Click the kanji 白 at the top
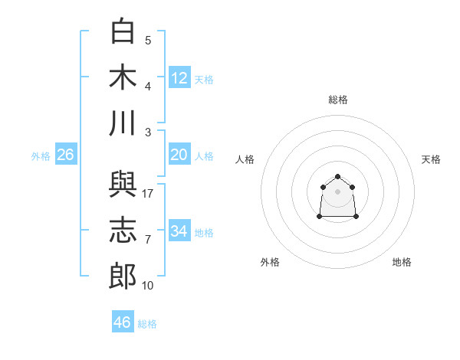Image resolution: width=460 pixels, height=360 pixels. [x=123, y=31]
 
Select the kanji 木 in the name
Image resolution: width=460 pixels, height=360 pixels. [x=123, y=77]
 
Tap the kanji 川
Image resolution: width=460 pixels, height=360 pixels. [x=123, y=123]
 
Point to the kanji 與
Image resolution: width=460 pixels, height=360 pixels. [x=123, y=184]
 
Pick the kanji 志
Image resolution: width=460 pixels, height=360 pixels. [x=123, y=230]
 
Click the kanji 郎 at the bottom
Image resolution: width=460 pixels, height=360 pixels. [x=123, y=276]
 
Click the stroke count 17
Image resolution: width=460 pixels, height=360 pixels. [x=147, y=194]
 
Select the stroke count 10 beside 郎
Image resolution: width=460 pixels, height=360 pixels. [x=147, y=286]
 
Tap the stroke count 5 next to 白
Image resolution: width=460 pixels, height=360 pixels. [x=148, y=41]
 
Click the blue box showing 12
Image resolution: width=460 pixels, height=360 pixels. [x=179, y=77]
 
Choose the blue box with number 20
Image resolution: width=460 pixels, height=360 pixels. [x=179, y=154]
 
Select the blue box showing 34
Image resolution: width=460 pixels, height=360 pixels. [x=179, y=230]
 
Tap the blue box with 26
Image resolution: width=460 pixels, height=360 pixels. [x=66, y=154]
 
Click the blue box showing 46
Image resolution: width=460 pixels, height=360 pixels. [x=123, y=321]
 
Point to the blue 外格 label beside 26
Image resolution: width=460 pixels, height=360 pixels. [x=41, y=156]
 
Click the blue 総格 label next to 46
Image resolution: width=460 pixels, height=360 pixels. [x=147, y=324]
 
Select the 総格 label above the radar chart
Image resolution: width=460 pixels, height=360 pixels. [x=338, y=100]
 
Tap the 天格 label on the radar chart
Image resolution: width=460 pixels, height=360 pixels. [x=431, y=159]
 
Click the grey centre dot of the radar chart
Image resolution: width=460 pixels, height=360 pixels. [x=337, y=191]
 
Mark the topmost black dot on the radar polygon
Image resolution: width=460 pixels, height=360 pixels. [x=337, y=176]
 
